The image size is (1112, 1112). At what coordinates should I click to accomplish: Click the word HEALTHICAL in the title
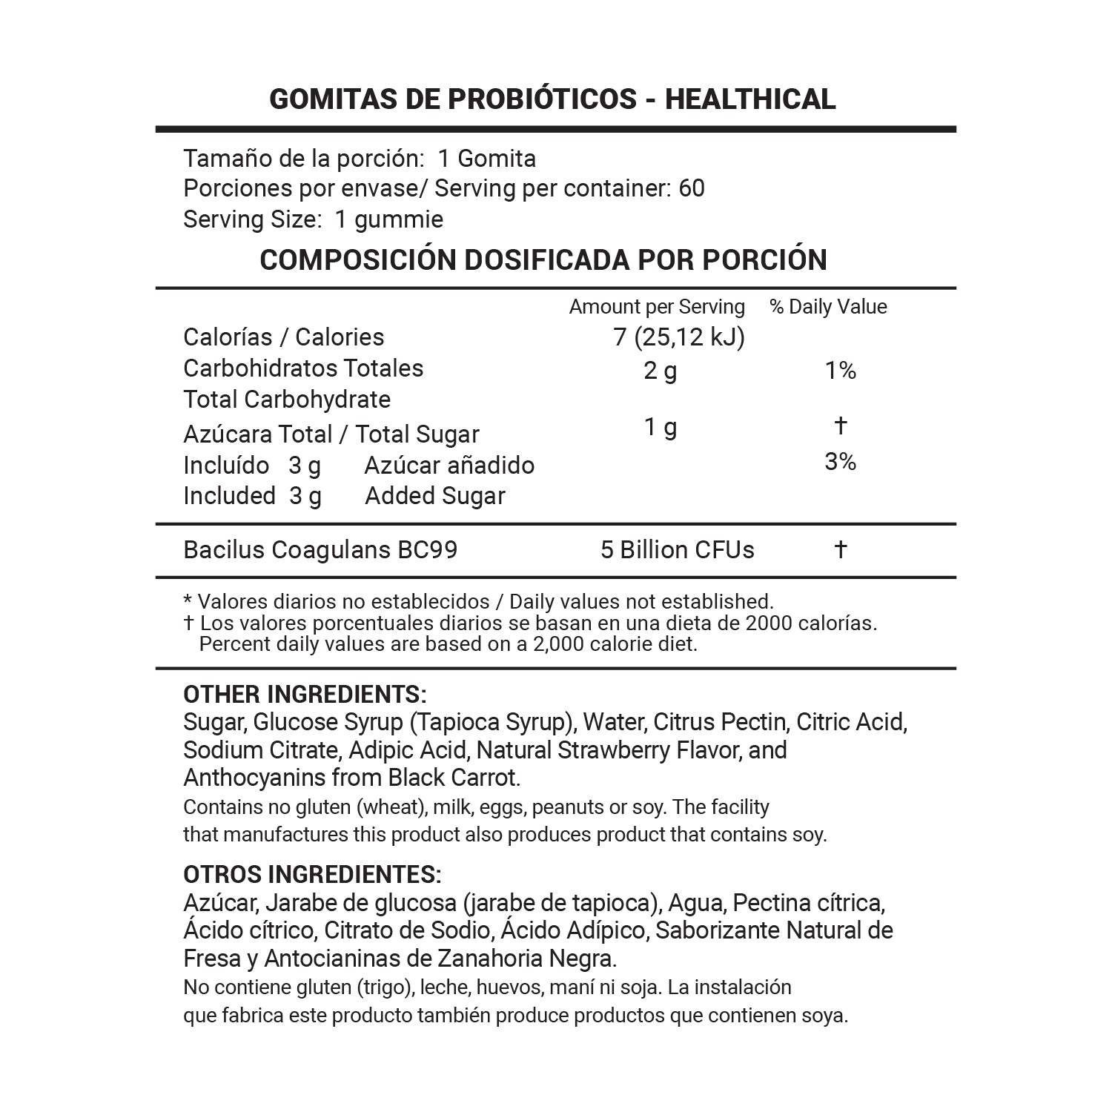(x=749, y=99)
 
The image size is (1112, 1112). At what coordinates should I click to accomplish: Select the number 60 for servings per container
(x=691, y=188)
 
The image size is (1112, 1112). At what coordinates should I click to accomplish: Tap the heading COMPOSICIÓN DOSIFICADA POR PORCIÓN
(x=543, y=259)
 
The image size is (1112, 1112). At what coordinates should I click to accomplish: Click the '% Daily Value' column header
(x=828, y=307)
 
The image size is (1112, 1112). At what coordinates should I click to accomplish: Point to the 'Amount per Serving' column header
(x=657, y=307)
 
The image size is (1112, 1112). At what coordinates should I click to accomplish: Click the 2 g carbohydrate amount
(x=660, y=370)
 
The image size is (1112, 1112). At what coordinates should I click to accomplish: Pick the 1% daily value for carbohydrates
(x=841, y=370)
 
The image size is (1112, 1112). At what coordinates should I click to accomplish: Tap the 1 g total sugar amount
(x=660, y=427)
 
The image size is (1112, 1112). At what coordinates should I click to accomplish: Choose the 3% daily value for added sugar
(x=841, y=462)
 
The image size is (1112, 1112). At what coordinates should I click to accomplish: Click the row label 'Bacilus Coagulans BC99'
(x=320, y=550)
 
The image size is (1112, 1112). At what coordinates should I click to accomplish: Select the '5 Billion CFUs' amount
(x=677, y=550)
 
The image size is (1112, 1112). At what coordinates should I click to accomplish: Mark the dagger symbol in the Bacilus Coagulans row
(x=841, y=549)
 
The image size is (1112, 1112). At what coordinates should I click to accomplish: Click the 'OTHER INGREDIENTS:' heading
(x=305, y=695)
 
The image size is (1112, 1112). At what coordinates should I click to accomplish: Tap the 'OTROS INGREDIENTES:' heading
(x=312, y=875)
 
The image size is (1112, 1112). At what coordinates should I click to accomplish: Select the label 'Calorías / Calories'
(x=283, y=337)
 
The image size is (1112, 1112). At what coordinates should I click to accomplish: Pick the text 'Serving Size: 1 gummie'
(x=313, y=219)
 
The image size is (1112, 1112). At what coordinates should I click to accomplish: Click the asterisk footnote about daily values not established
(x=478, y=601)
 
